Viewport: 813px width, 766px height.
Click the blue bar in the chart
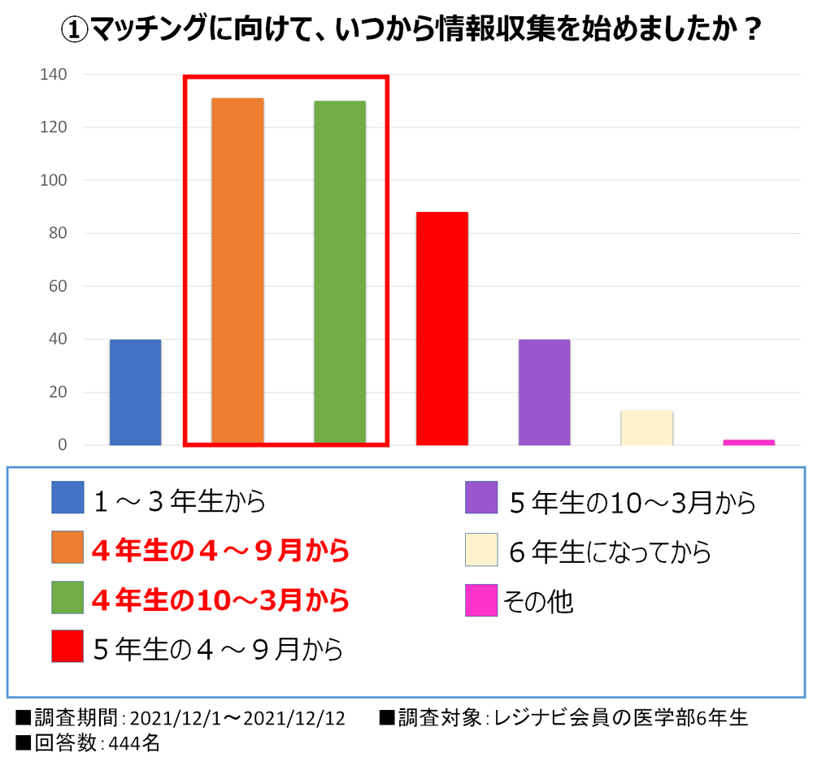click(x=135, y=392)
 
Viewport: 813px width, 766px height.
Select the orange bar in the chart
click(x=237, y=271)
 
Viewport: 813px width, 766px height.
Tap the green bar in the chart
click(x=340, y=273)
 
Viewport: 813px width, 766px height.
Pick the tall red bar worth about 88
click(x=442, y=328)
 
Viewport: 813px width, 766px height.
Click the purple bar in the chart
click(x=545, y=392)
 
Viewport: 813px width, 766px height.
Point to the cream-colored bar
click(x=647, y=428)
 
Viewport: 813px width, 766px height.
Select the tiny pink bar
click(x=749, y=442)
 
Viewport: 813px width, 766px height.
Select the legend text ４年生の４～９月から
click(x=220, y=551)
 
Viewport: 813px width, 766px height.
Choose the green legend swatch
click(x=67, y=597)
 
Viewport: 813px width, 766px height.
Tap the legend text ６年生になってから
click(x=610, y=552)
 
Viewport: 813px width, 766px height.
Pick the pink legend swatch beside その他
click(x=481, y=601)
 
